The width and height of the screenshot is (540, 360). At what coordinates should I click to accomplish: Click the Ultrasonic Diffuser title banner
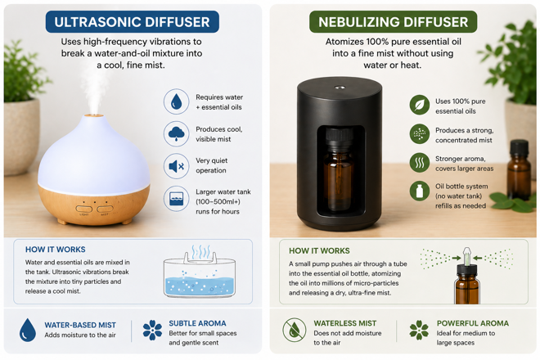[x=132, y=21]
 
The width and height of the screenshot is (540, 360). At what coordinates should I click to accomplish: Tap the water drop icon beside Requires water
[x=176, y=102]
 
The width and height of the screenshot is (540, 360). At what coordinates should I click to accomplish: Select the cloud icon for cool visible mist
[x=176, y=133]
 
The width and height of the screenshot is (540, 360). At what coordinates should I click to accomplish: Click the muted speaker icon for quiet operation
[x=176, y=166]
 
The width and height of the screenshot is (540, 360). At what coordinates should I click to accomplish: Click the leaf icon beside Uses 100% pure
[x=420, y=105]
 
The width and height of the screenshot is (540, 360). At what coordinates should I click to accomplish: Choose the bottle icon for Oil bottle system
[x=420, y=191]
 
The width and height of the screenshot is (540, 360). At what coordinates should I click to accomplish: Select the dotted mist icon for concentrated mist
[x=420, y=134]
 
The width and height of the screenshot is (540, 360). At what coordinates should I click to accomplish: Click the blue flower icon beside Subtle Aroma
[x=152, y=330]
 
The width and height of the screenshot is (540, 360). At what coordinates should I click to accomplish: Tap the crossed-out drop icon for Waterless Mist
[x=295, y=331]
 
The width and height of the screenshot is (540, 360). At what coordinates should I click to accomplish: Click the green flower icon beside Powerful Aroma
[x=418, y=330]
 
